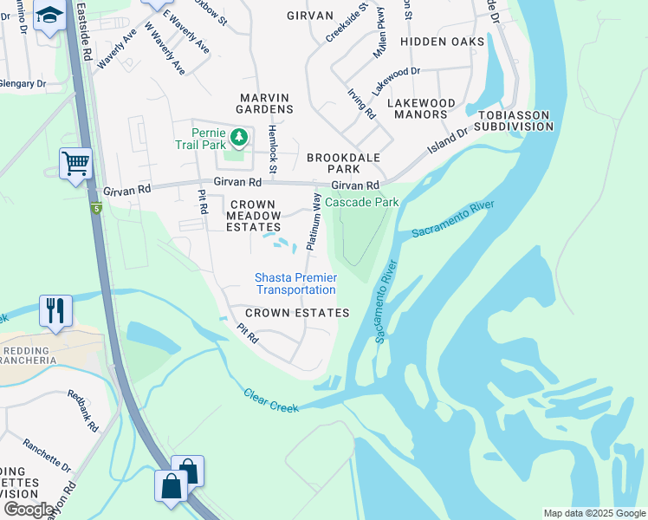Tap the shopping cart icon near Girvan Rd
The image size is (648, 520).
[75, 162]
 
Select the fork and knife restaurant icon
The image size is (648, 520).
[55, 309]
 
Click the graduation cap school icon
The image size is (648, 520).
[49, 16]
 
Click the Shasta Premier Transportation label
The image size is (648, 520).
[295, 283]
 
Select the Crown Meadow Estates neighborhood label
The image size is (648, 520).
[255, 216]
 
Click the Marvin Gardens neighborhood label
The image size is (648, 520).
[254, 102]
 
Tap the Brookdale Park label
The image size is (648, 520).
[344, 164]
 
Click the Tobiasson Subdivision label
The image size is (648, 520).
[511, 120]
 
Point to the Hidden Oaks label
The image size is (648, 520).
[442, 42]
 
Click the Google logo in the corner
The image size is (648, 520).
[29, 509]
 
